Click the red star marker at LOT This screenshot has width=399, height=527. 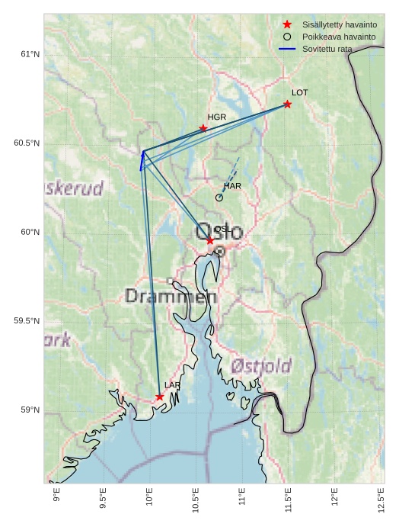click(287, 104)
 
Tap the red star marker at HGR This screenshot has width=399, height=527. click(203, 128)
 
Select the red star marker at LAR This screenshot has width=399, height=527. click(160, 397)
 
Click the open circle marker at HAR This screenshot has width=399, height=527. click(219, 198)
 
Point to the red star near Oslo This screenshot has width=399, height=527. click(210, 240)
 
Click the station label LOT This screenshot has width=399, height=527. click(300, 92)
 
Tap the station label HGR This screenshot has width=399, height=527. click(217, 117)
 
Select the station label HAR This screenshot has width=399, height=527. click(232, 186)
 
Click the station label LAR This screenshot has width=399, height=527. click(173, 386)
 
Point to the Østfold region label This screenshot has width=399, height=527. click(261, 366)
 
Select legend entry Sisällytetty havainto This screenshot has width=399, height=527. click(339, 24)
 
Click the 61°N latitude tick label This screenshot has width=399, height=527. click(30, 54)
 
